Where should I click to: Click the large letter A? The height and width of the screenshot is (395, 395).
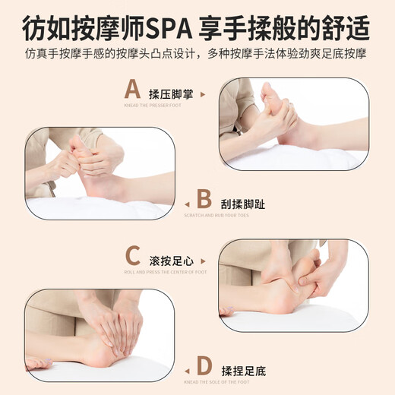(133, 90)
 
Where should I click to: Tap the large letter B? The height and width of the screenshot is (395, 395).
(204, 200)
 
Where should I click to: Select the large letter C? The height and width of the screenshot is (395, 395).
(133, 254)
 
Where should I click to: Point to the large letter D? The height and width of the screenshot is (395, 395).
(204, 365)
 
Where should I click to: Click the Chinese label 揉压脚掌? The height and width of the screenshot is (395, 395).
(171, 94)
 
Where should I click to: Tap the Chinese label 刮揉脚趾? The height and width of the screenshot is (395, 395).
(242, 204)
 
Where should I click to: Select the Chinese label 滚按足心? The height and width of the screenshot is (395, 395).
(171, 259)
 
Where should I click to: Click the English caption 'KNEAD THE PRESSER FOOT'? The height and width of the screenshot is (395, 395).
(154, 106)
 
